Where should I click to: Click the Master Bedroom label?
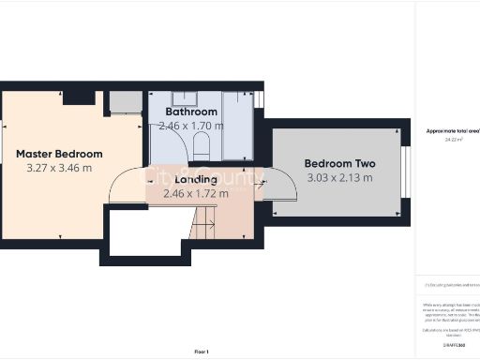[59, 153]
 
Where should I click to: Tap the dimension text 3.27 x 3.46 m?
[59, 169]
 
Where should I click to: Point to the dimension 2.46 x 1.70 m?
[191, 125]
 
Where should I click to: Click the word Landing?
[196, 179]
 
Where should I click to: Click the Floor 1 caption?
[201, 351]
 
